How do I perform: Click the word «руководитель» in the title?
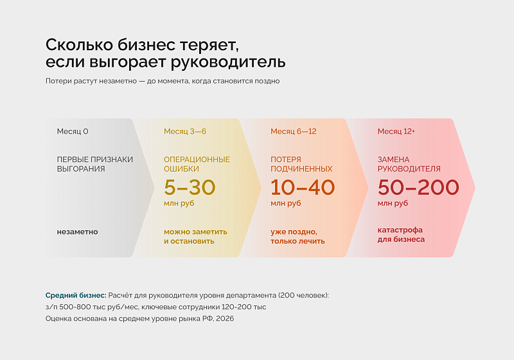(228, 62)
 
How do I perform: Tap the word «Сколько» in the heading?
(79, 44)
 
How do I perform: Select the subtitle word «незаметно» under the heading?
(118, 81)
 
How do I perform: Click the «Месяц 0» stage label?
(73, 132)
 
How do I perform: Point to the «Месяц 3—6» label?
(185, 132)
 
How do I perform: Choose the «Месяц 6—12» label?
(294, 132)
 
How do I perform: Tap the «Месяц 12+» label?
(396, 132)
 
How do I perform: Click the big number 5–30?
(190, 187)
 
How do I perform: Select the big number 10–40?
(303, 187)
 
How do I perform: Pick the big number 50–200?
(418, 187)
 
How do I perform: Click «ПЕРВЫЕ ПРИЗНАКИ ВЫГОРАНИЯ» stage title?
(94, 165)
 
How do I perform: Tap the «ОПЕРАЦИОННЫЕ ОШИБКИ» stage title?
(197, 165)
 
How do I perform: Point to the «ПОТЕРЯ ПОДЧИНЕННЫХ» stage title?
(301, 165)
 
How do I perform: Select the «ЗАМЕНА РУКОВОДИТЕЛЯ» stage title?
(409, 165)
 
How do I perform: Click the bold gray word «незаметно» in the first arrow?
(77, 232)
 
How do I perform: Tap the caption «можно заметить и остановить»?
(195, 237)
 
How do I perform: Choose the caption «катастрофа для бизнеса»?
(401, 235)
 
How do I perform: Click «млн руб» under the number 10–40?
(285, 203)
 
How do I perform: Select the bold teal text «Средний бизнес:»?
(76, 296)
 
